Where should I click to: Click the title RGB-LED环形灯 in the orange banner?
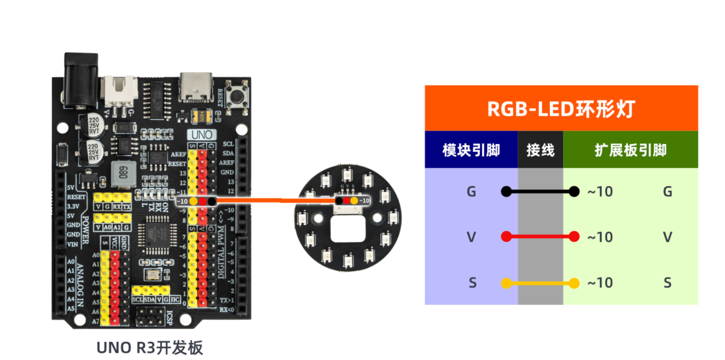point(561,109)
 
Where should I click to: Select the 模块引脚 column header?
point(471,150)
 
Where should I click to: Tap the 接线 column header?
point(540,150)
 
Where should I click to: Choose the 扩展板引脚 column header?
point(630,150)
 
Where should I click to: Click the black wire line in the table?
point(540,191)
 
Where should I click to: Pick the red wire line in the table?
point(540,237)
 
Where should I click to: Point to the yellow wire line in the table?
point(540,283)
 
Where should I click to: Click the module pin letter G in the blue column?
point(471,191)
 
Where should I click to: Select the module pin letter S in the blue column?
point(471,283)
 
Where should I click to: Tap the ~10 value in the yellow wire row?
point(600,283)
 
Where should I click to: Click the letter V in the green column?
point(667,237)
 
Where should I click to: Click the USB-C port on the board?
point(196,87)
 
